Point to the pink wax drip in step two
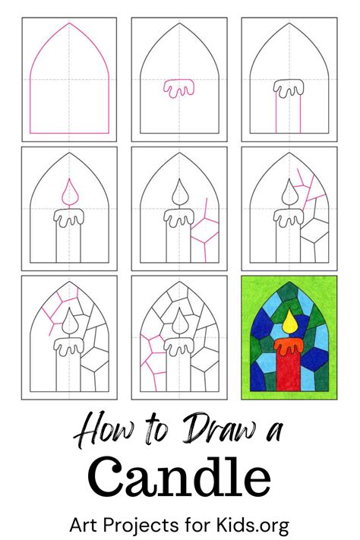178,89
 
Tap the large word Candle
179,477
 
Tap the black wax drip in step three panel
289,90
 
